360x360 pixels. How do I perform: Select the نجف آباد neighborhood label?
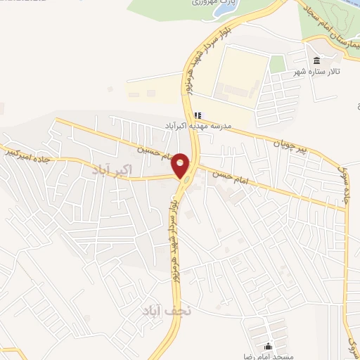coord(162,310)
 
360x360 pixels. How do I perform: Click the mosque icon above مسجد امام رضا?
coord(267,346)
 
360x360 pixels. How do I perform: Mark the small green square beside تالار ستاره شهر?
coord(278,64)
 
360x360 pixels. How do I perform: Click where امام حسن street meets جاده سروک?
coord(345,209)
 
